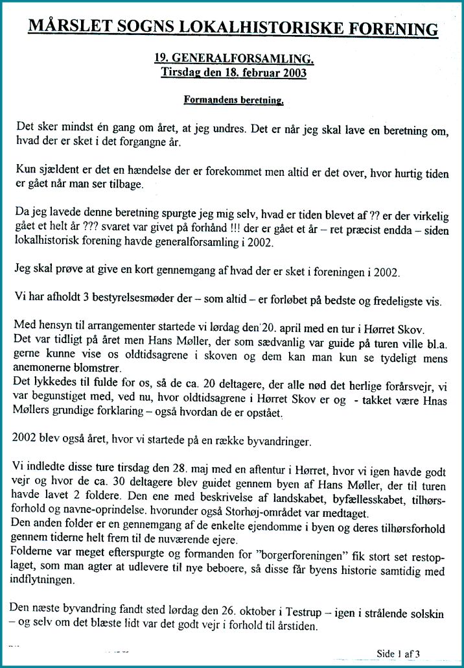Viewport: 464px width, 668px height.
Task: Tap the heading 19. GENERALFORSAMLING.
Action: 234,59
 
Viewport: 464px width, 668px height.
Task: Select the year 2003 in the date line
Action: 294,73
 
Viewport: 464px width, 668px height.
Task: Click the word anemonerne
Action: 48,366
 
